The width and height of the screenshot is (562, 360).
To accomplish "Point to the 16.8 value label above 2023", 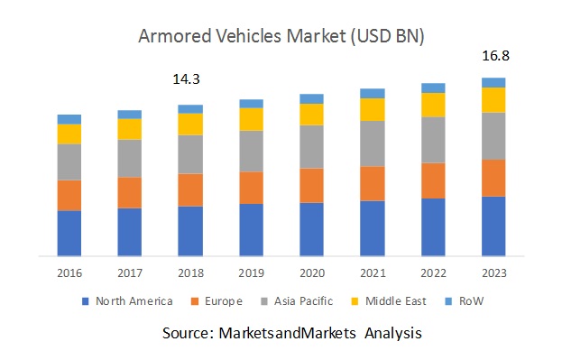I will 493,56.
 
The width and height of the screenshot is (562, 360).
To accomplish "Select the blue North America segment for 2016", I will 69,233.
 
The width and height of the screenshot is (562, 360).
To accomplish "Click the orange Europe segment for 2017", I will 130,192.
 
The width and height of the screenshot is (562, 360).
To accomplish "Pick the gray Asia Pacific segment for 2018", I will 190,154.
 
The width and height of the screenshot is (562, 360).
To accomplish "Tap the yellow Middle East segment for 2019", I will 251,119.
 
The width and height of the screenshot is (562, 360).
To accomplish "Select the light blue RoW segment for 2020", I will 311,98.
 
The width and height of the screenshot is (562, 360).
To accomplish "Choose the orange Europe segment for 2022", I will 433,180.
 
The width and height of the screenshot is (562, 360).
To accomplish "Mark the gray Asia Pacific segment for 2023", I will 493,136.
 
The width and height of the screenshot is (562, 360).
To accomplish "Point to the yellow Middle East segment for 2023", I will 493,99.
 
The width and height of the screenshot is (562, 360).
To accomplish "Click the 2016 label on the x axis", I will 69,272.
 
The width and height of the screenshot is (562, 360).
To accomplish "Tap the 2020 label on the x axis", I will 311,272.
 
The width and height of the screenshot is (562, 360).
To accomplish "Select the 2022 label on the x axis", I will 433,272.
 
